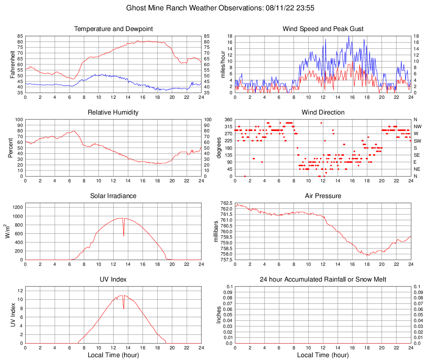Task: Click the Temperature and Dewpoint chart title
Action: pyautogui.click(x=113, y=29)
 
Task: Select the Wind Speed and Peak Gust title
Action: pyautogui.click(x=323, y=29)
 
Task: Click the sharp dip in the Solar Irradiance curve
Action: pyautogui.click(x=124, y=235)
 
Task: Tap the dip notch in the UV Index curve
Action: pyautogui.click(x=124, y=308)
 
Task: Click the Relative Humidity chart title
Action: pyautogui.click(x=113, y=112)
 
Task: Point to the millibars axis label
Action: pyautogui.click(x=216, y=232)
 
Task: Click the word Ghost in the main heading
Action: pyautogui.click(x=135, y=8)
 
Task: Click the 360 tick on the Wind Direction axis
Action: pyautogui.click(x=228, y=119)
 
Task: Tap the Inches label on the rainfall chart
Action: pyautogui.click(x=219, y=315)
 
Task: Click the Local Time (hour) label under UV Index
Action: pyautogui.click(x=113, y=355)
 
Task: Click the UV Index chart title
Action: pyautogui.click(x=113, y=279)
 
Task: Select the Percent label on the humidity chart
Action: pyautogui.click(x=12, y=148)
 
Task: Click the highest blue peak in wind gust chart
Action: pyautogui.click(x=348, y=36)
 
